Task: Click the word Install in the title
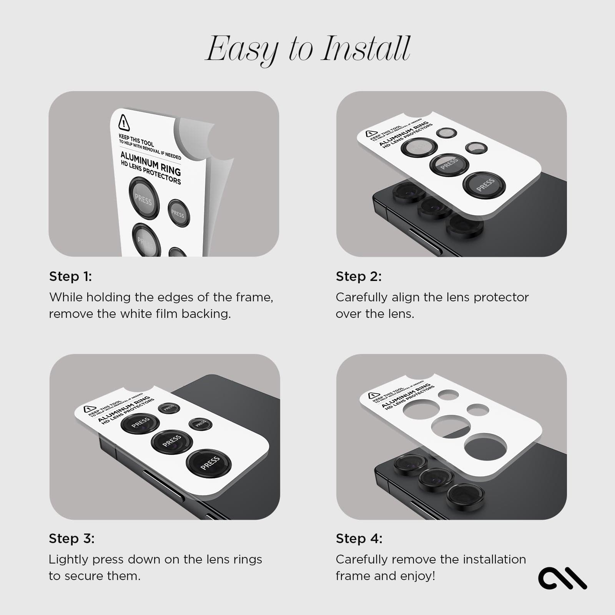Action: pyautogui.click(x=366, y=49)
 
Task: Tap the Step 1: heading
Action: pyautogui.click(x=70, y=276)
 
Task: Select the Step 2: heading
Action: pyautogui.click(x=359, y=276)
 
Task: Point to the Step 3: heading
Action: pyautogui.click(x=71, y=539)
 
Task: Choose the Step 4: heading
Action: pyautogui.click(x=359, y=539)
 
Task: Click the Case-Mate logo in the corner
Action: pyautogui.click(x=562, y=578)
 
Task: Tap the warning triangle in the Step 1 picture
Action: pyautogui.click(x=124, y=123)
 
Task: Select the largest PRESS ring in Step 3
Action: pyautogui.click(x=209, y=463)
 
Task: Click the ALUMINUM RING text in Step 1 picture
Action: pyautogui.click(x=150, y=163)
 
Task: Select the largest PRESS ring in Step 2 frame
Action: pyautogui.click(x=484, y=185)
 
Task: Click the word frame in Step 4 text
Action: pyautogui.click(x=351, y=576)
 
